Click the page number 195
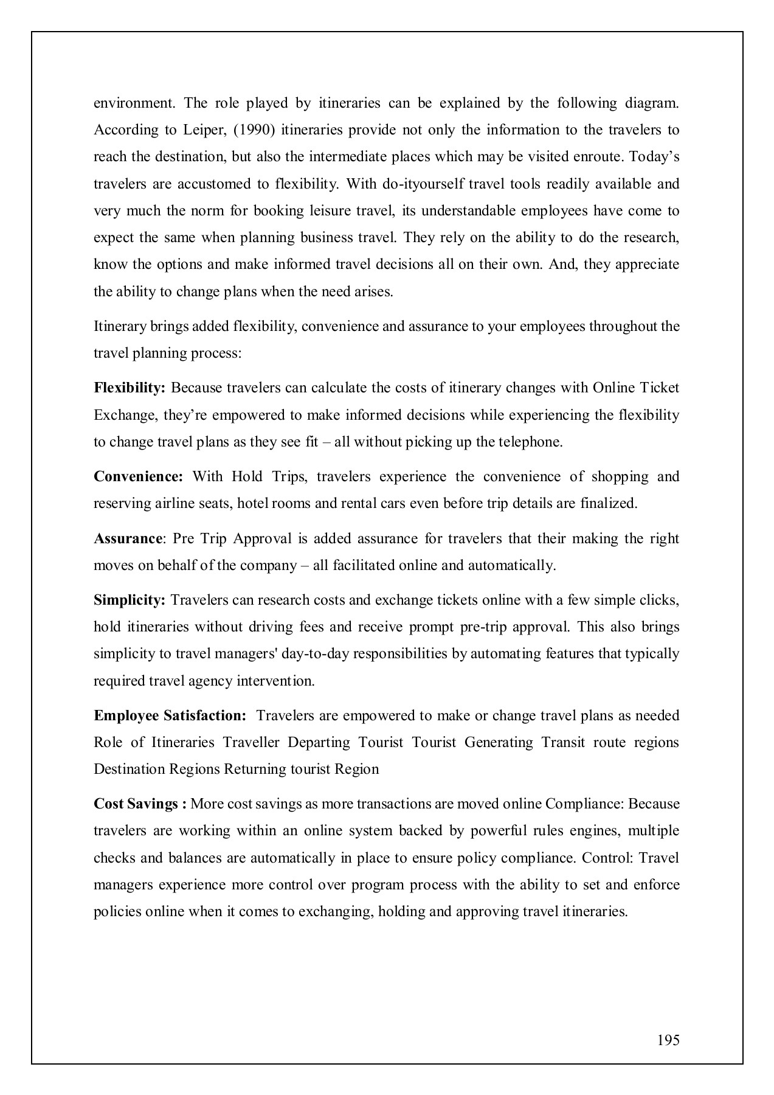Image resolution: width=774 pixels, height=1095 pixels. pos(668,1040)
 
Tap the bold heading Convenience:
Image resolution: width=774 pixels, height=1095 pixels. pos(138,476)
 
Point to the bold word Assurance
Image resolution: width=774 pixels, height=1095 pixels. pos(128,539)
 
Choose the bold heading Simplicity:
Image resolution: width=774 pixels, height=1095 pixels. pos(130,600)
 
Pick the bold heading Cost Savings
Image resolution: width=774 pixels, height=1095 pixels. pos(136,804)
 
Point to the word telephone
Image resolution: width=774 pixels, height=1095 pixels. pos(531,442)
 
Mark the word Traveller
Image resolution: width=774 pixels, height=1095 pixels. pos(251,743)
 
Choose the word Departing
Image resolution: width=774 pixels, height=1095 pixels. pos(319,743)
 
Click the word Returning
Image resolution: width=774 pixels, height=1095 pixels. pos(255,770)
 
